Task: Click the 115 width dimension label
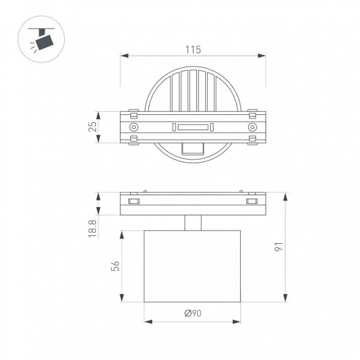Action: coord(193,50)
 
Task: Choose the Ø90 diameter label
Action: coord(193,314)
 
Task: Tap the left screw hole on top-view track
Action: coord(133,127)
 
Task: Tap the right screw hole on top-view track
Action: coord(252,127)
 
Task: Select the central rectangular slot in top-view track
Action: coord(193,127)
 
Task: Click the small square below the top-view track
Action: coord(193,148)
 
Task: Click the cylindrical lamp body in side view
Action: coord(193,266)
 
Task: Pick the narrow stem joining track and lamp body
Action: coord(193,222)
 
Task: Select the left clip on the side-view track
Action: coord(134,201)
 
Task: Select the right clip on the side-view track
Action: coord(251,201)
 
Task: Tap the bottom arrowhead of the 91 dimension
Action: coord(285,298)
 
